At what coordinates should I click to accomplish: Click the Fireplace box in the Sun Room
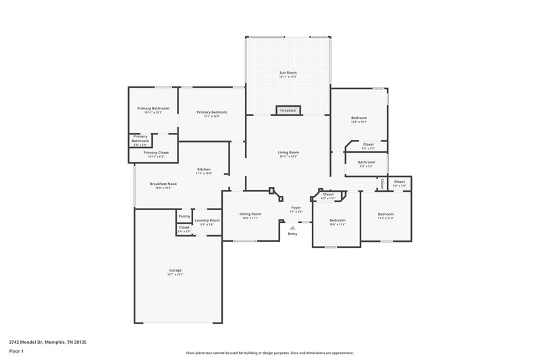288,110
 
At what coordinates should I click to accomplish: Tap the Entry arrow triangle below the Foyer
292,228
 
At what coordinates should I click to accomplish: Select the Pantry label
184,216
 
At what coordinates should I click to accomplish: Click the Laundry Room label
207,220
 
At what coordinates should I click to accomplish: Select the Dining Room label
250,214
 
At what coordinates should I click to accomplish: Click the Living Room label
288,153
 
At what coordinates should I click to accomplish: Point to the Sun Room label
288,72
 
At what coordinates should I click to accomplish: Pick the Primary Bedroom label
212,112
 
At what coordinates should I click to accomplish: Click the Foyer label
296,207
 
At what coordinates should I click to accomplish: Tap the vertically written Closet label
381,183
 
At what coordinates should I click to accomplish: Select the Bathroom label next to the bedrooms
367,162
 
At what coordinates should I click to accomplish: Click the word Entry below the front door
292,234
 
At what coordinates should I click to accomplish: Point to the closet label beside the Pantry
184,228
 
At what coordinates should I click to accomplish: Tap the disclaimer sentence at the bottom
270,353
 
